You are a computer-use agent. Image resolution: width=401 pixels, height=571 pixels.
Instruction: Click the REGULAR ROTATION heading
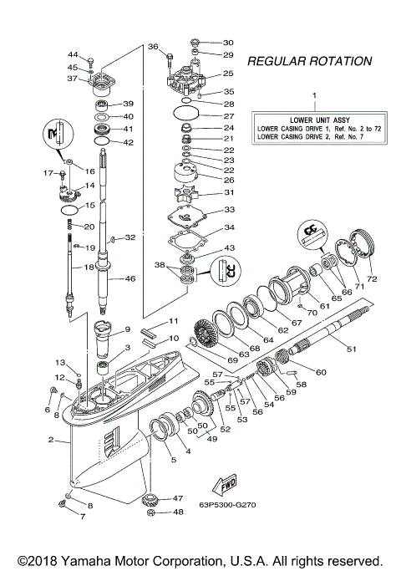[x=309, y=62]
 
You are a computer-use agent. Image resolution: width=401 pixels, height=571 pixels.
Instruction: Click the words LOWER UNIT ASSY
[x=313, y=119]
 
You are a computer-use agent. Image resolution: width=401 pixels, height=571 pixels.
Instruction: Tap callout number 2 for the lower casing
[x=51, y=440]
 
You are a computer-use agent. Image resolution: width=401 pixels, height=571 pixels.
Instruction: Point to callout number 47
[x=176, y=497]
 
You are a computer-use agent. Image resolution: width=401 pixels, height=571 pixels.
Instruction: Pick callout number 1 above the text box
[x=314, y=96]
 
